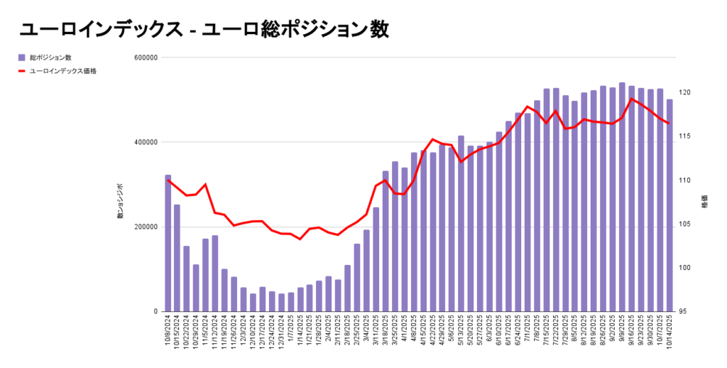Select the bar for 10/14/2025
[x=669, y=205]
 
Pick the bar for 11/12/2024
[x=215, y=274]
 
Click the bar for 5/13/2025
[x=461, y=224]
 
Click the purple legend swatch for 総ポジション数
[x=23, y=57]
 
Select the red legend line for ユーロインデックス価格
[x=23, y=71]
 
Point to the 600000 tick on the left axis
[x=146, y=58]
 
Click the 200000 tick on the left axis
[x=146, y=227]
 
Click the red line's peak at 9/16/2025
[x=632, y=99]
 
